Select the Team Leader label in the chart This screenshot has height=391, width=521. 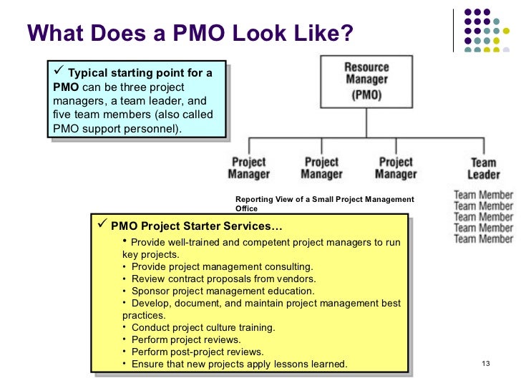point(484,169)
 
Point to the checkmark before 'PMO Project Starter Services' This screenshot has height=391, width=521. point(102,226)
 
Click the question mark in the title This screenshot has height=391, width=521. point(347,33)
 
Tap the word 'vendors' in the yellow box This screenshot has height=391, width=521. point(298,279)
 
